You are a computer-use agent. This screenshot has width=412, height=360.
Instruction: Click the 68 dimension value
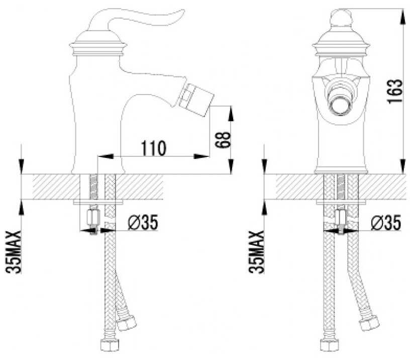click(223, 140)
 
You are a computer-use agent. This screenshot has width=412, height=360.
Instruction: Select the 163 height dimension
click(395, 91)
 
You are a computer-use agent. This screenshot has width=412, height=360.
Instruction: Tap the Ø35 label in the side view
click(143, 222)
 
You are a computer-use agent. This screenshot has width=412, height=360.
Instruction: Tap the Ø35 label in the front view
click(386, 222)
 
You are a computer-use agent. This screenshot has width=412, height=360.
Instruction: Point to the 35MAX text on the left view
click(13, 252)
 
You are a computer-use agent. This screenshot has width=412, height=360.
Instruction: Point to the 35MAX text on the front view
click(256, 252)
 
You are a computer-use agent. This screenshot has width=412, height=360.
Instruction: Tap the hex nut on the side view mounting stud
click(93, 217)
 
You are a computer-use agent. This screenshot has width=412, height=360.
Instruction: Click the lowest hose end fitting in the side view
click(110, 345)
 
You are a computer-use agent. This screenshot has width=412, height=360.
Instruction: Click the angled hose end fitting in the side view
click(126, 322)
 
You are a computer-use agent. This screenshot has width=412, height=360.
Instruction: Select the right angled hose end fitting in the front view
click(369, 322)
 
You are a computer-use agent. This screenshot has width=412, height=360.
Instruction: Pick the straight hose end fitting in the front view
click(329, 345)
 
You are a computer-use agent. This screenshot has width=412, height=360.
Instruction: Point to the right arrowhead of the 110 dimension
click(201, 156)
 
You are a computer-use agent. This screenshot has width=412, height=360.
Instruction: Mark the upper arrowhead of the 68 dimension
click(231, 114)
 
